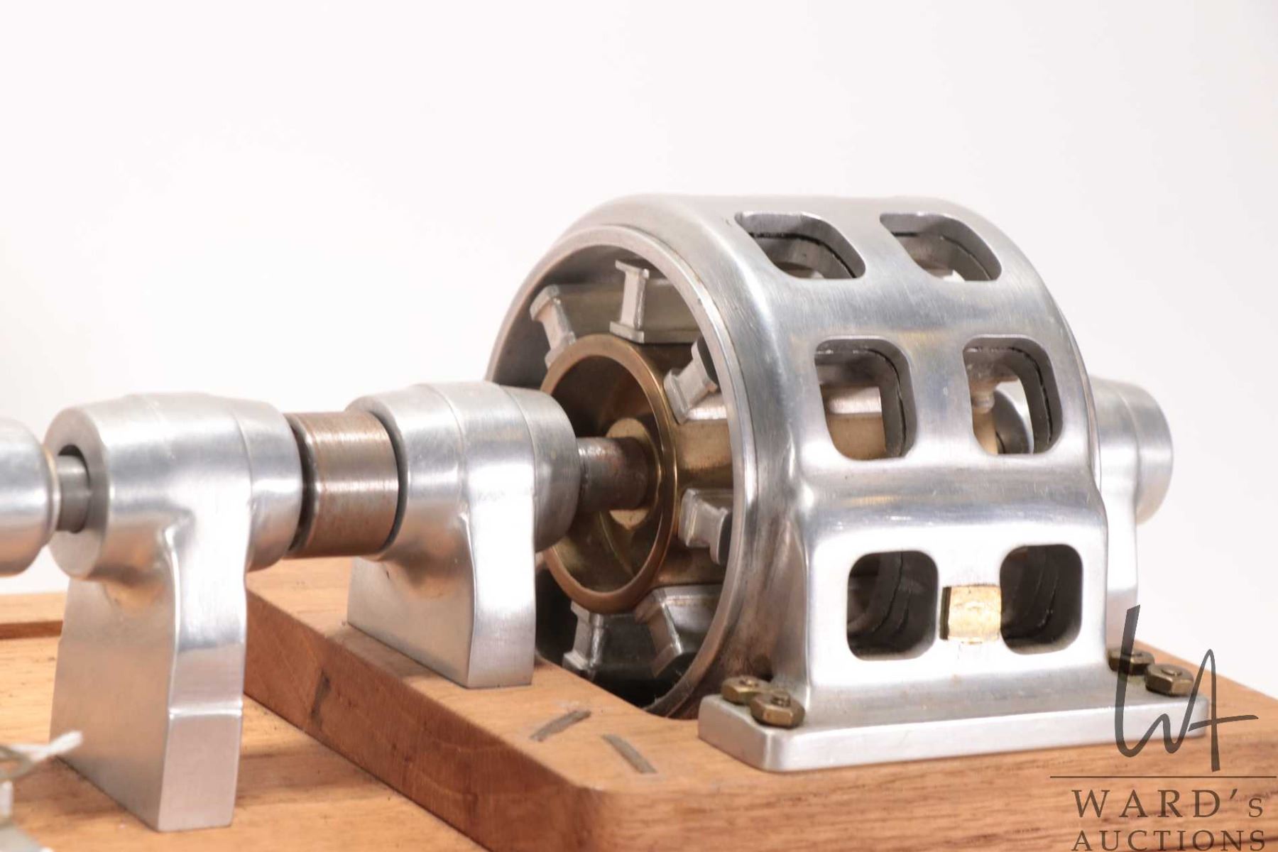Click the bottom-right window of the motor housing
pyautogui.click(x=1041, y=600)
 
